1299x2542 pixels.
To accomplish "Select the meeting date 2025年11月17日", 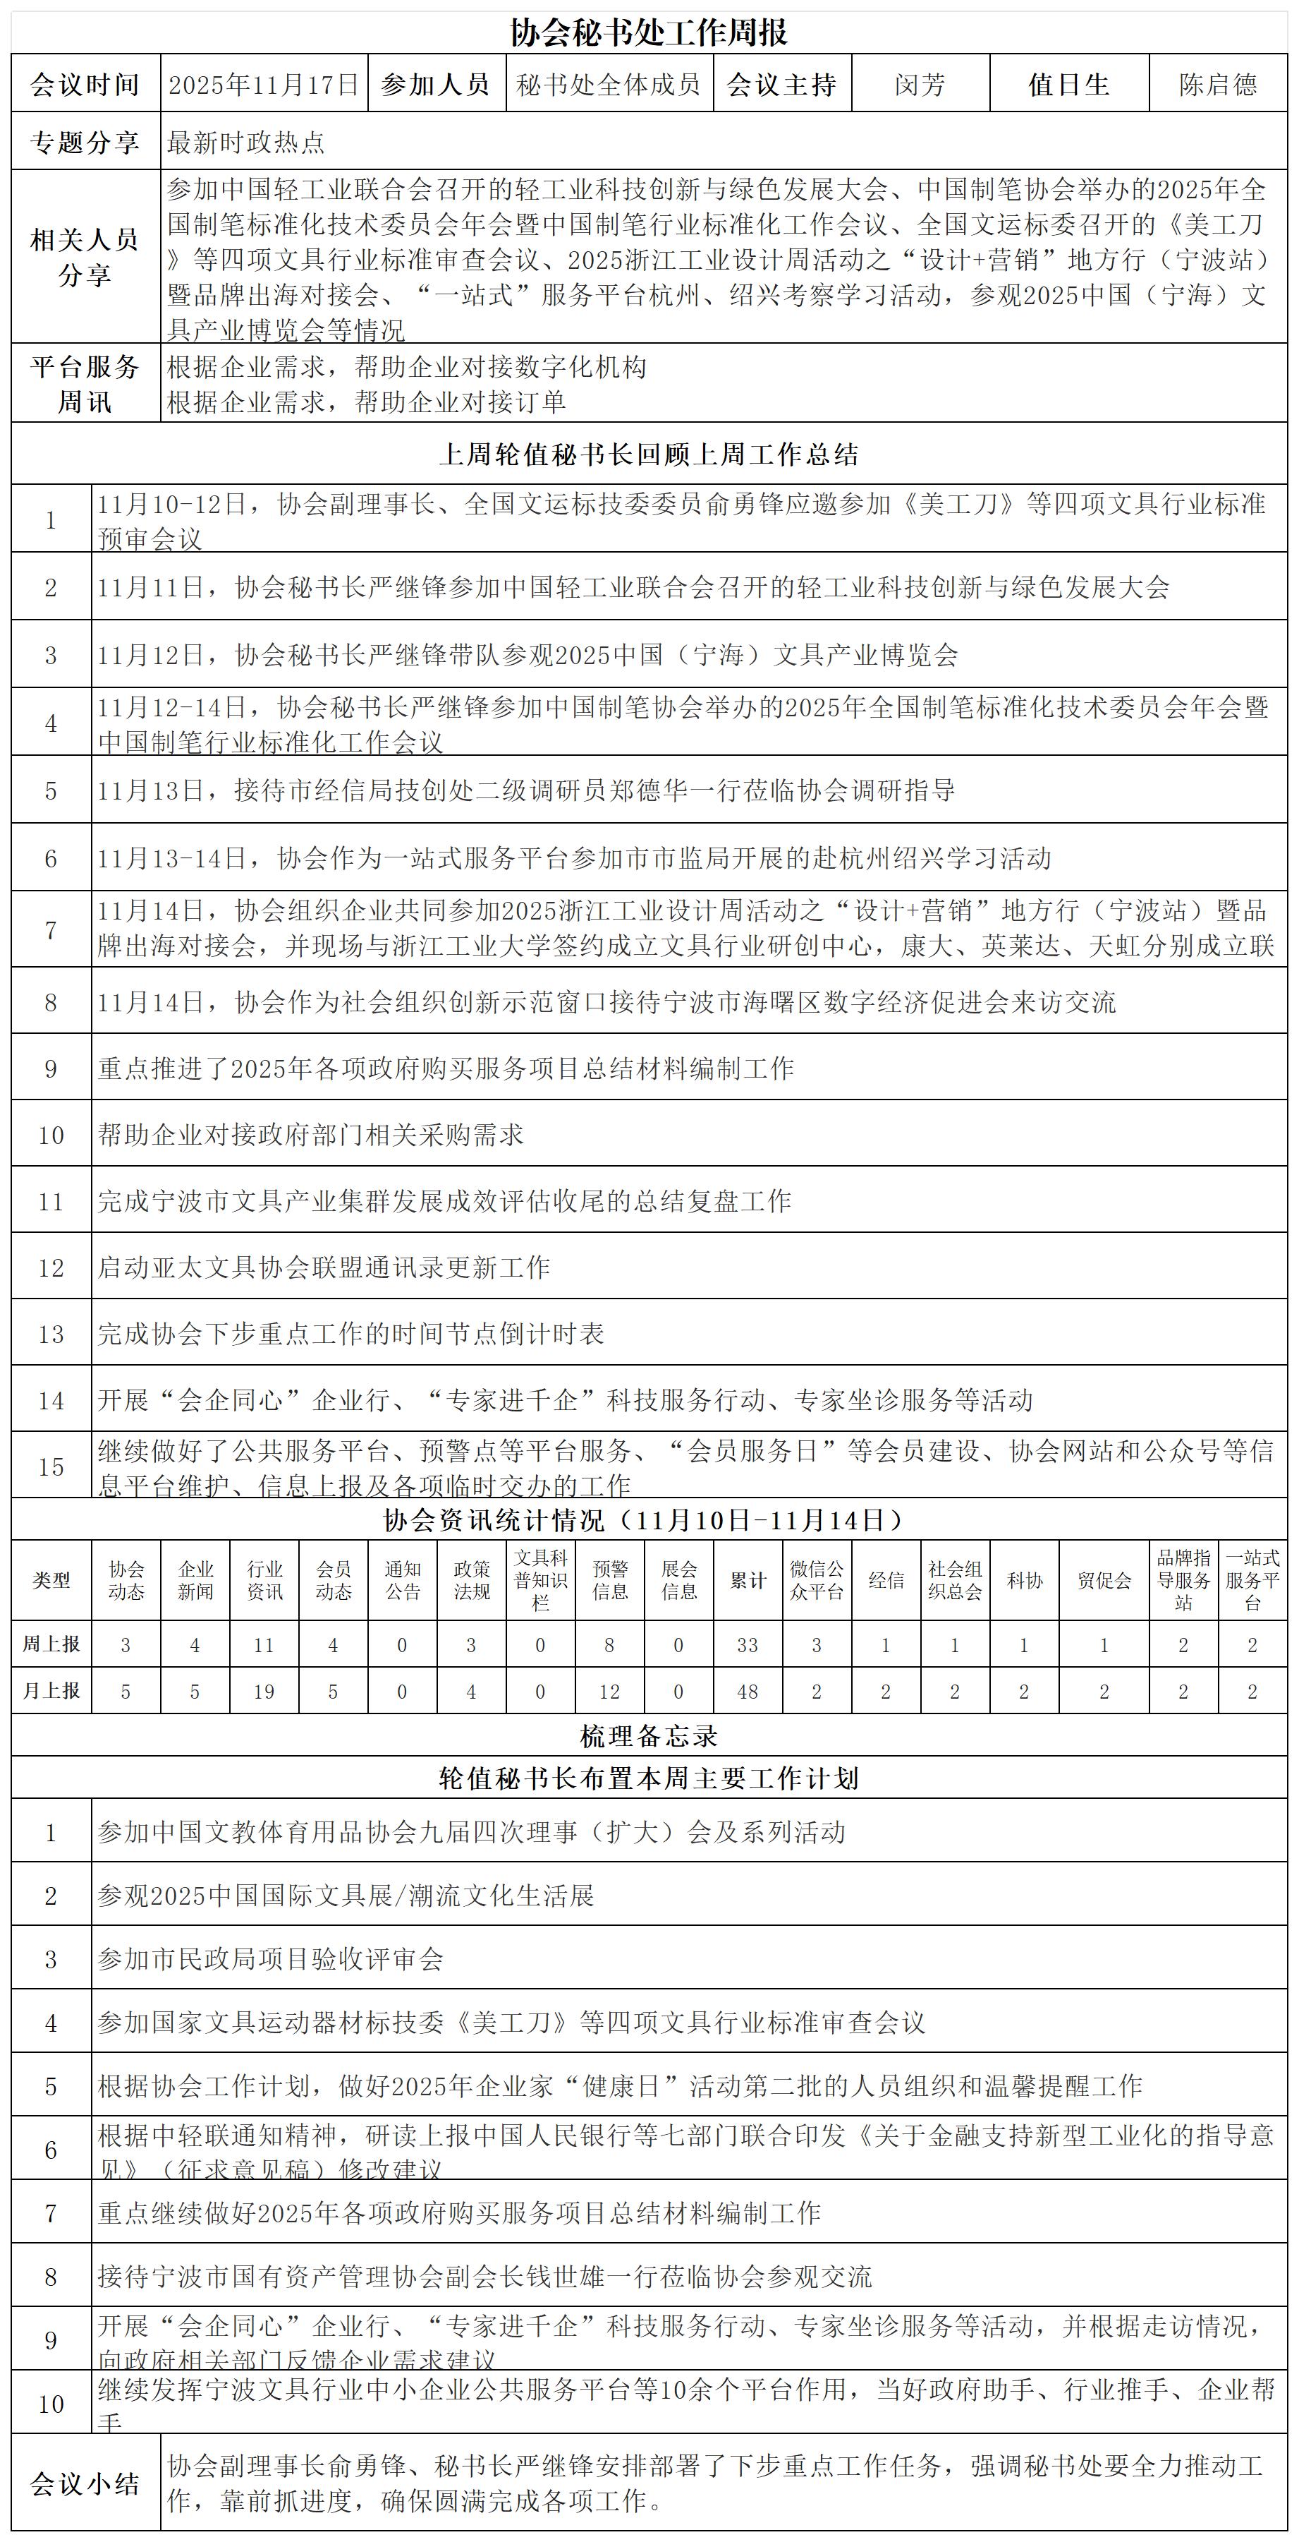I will [x=263, y=85].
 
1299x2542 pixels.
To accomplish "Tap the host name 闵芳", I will [x=920, y=85].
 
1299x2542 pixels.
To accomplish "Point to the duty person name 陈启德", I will [x=1218, y=85].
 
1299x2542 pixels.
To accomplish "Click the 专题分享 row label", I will [x=85, y=142].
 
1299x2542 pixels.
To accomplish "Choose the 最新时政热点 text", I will [x=245, y=142].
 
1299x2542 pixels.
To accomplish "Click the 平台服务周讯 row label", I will [x=85, y=384].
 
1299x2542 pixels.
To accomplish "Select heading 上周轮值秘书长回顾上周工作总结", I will [x=648, y=454].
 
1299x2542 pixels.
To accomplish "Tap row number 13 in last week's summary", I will [x=51, y=1334].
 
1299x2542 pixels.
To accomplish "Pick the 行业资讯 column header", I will [x=264, y=1580].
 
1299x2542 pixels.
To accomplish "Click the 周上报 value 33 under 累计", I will [x=748, y=1645].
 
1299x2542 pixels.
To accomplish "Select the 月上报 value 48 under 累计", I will [x=748, y=1692].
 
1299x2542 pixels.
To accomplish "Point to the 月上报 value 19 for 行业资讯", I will [x=264, y=1692].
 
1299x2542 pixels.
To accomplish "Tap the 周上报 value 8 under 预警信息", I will [x=609, y=1645].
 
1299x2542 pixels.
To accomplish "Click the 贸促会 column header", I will [x=1104, y=1580].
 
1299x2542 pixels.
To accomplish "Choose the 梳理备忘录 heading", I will [x=648, y=1737].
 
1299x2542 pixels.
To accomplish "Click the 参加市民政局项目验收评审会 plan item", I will [x=270, y=1959].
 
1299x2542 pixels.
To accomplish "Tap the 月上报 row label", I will [x=51, y=1692].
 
